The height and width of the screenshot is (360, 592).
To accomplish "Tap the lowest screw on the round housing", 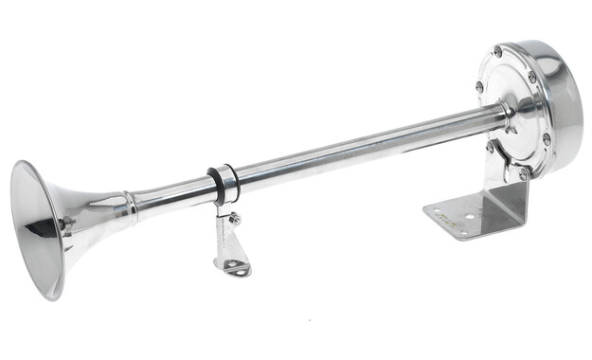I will (523, 174).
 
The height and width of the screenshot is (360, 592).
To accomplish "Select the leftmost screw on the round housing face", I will (479, 86).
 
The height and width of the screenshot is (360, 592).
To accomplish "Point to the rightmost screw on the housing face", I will (547, 138).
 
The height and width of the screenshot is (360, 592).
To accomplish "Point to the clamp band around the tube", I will (224, 184).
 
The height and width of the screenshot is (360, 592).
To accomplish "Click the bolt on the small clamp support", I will (234, 219).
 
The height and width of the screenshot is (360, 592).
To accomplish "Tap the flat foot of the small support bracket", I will (236, 269).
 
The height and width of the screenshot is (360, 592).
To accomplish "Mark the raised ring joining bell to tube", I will (129, 206).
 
